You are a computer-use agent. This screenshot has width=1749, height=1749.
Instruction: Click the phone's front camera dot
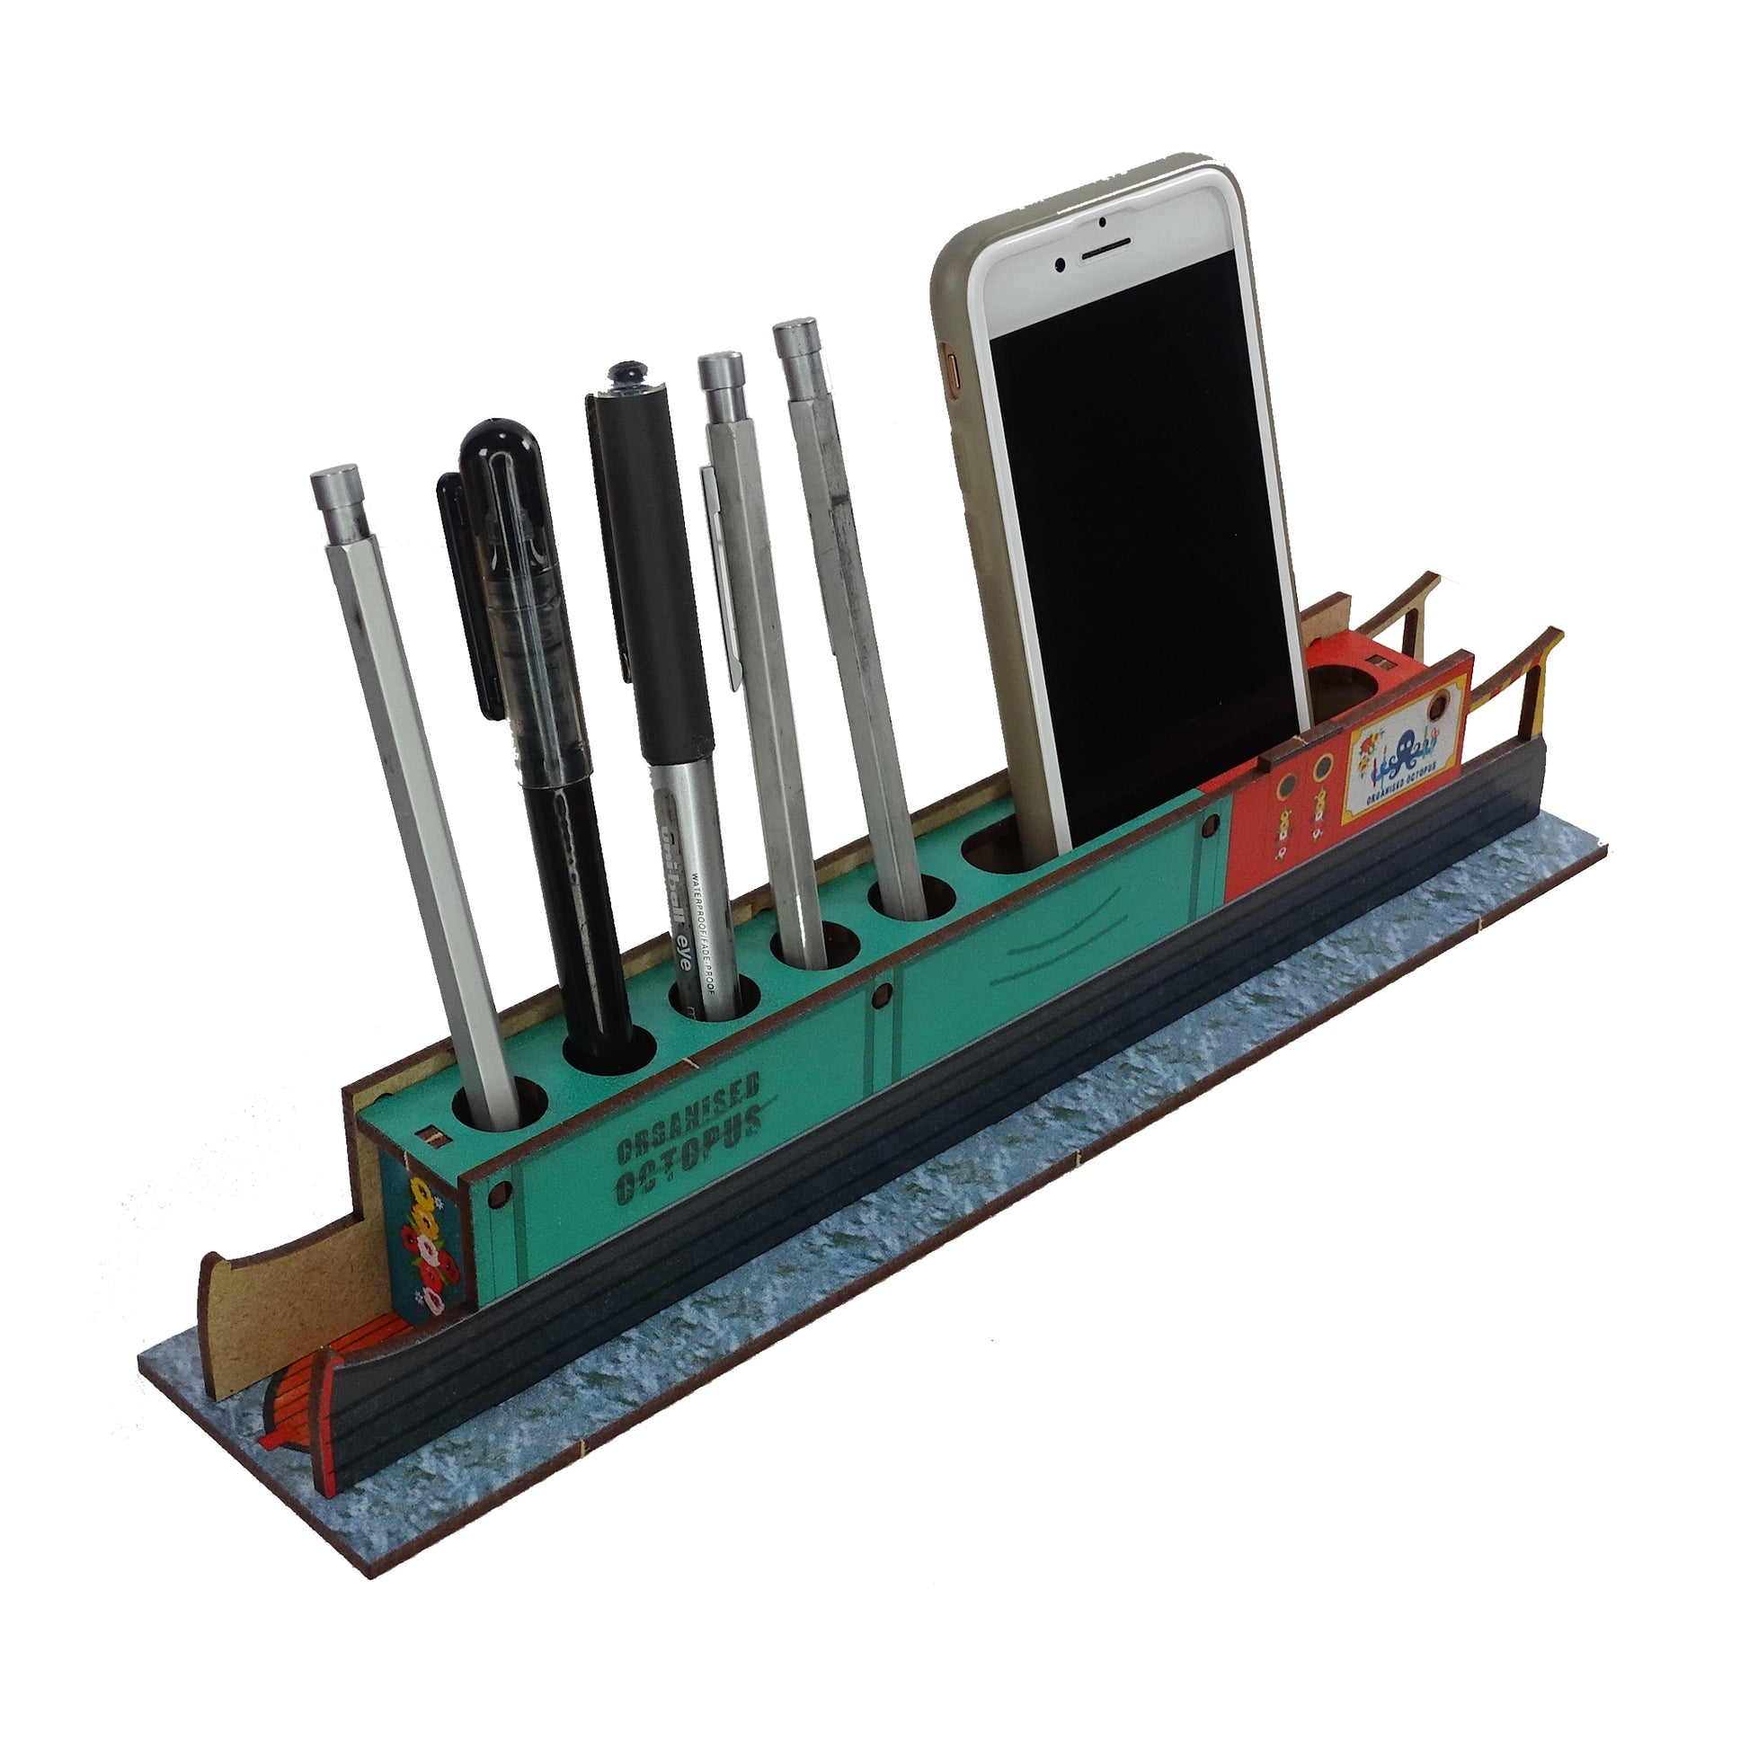click(1103, 223)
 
